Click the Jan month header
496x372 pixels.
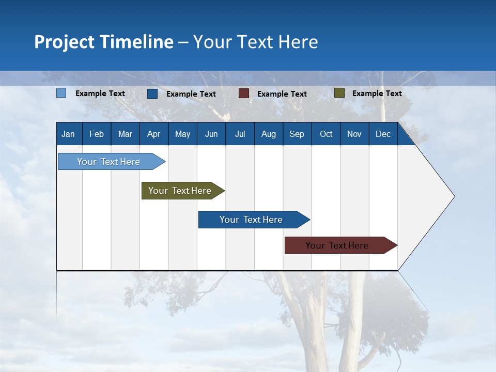(68, 134)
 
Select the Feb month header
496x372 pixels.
(97, 134)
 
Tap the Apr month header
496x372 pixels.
(153, 134)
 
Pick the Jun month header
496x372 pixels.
(211, 134)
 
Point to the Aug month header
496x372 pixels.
(269, 134)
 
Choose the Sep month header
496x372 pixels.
(297, 134)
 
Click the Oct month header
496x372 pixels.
(326, 134)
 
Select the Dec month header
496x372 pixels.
(383, 134)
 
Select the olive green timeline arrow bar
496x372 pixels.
(181, 191)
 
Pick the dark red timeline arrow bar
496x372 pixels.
(338, 245)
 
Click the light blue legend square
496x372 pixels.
(61, 93)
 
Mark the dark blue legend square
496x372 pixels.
(152, 94)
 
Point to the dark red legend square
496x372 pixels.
(243, 94)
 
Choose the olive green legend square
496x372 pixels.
(339, 93)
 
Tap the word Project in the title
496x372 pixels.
(64, 42)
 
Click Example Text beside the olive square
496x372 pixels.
(377, 94)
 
